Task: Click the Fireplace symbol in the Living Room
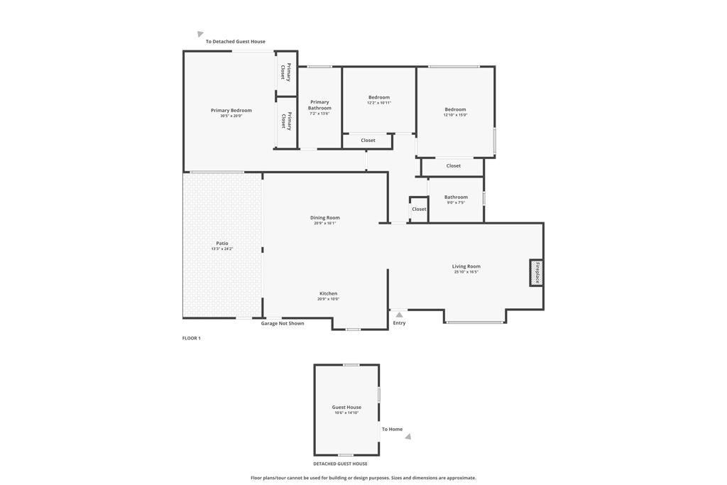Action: pyautogui.click(x=537, y=273)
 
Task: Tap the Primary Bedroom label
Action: pyautogui.click(x=231, y=110)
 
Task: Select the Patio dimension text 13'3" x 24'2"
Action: pyautogui.click(x=222, y=249)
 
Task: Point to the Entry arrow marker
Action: pyautogui.click(x=399, y=315)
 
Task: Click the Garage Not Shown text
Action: pyautogui.click(x=283, y=323)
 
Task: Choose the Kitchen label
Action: pyautogui.click(x=328, y=293)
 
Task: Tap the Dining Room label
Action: pyautogui.click(x=324, y=217)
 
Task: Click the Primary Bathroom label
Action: pyautogui.click(x=319, y=105)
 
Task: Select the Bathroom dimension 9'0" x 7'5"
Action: pyautogui.click(x=456, y=203)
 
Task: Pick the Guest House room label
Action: pyautogui.click(x=346, y=407)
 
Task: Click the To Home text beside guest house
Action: pyautogui.click(x=392, y=429)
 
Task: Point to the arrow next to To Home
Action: pyautogui.click(x=408, y=437)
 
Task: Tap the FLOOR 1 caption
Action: pyautogui.click(x=191, y=338)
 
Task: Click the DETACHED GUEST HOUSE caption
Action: pyautogui.click(x=340, y=464)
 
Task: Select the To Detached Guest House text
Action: pyautogui.click(x=235, y=41)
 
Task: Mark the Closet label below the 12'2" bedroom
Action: pyautogui.click(x=368, y=141)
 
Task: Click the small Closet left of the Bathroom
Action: pyautogui.click(x=419, y=209)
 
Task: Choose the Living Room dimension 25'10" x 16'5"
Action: pyautogui.click(x=466, y=272)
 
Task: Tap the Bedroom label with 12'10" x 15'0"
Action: pyautogui.click(x=455, y=109)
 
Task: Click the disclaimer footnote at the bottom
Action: pyautogui.click(x=363, y=478)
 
